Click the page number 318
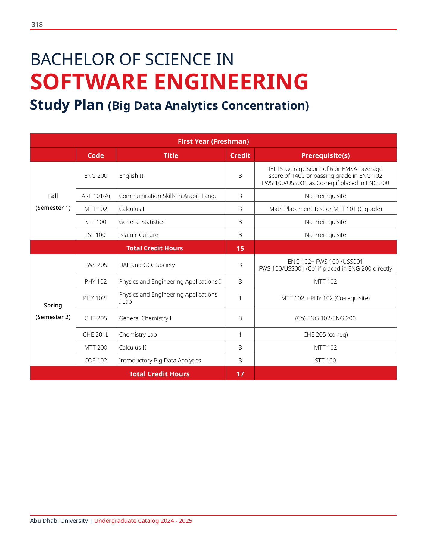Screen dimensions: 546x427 click(37, 25)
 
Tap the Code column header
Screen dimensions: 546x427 click(96, 155)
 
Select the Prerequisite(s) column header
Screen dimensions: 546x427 click(325, 155)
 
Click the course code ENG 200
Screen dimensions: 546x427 click(96, 176)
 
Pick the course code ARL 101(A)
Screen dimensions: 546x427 click(96, 196)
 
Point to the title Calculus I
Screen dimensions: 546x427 click(132, 209)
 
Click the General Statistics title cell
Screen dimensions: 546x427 click(142, 222)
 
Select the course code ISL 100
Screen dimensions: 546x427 click(96, 235)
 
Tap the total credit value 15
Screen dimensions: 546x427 click(240, 248)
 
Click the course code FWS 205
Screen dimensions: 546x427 click(96, 265)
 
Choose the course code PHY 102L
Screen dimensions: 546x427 click(96, 298)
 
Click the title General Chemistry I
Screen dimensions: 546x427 click(145, 318)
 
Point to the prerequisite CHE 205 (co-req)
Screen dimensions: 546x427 click(325, 334)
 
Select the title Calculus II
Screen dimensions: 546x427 click(132, 347)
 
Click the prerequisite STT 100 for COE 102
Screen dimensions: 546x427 click(325, 360)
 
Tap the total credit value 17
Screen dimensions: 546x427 click(240, 374)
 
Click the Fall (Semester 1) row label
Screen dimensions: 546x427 click(53, 202)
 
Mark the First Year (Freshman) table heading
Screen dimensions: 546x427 click(213, 141)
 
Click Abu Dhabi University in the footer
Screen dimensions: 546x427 click(59, 521)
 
